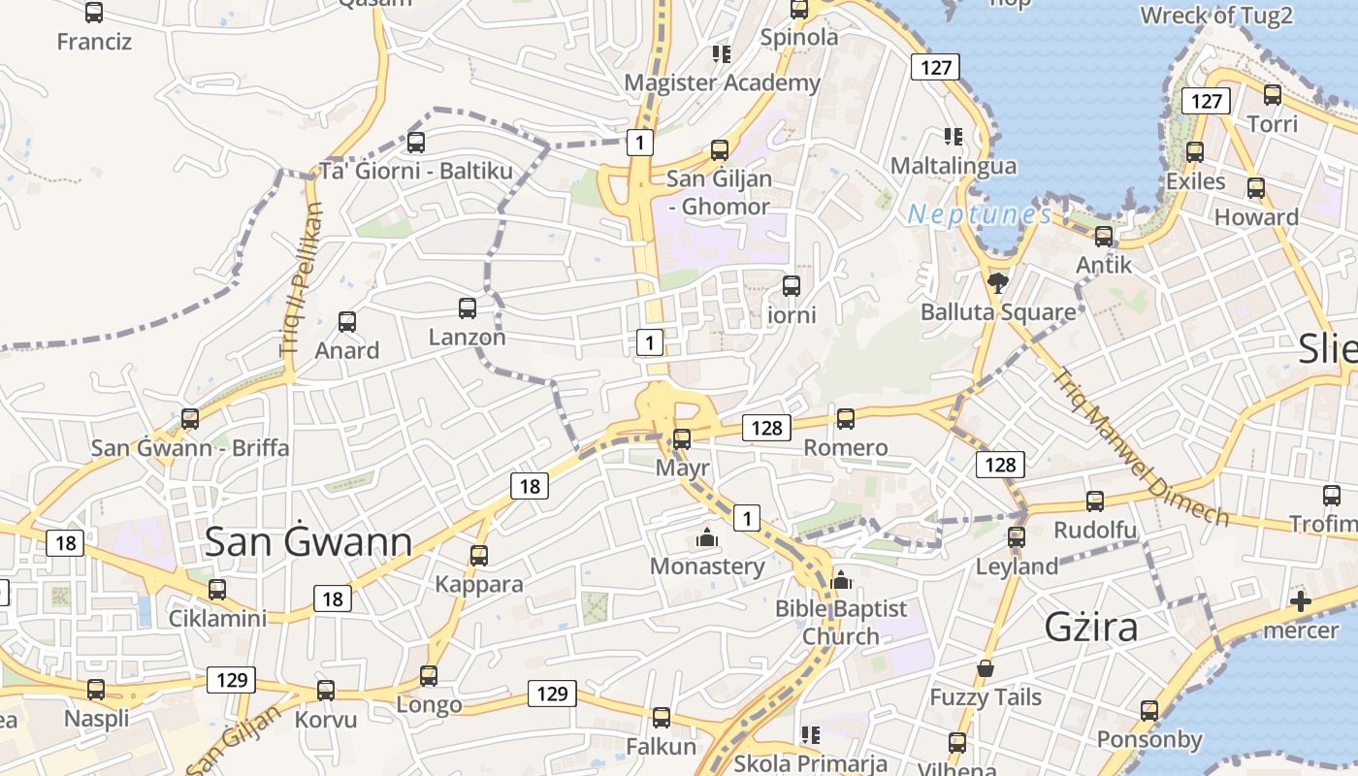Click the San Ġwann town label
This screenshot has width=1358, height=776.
point(308,542)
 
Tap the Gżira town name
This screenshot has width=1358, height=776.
point(1091,628)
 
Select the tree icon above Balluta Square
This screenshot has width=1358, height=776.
point(997,282)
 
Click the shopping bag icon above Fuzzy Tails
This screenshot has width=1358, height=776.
point(986,668)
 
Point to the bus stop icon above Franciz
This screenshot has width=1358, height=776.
point(94,13)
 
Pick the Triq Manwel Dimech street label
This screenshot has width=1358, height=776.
point(1141,446)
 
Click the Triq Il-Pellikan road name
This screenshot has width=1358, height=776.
point(302,280)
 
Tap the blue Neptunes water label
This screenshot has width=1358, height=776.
point(979,214)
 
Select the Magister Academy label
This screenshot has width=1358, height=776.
point(722,83)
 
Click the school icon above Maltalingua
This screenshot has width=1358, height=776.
point(954,137)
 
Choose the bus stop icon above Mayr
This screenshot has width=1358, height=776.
point(682,438)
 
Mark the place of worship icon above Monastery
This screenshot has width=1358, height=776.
point(707,536)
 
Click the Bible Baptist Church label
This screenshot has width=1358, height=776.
point(841,623)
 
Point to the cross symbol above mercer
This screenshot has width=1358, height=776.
point(1301,601)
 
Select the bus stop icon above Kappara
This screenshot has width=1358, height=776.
point(479,555)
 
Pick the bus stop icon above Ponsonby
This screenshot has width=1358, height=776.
point(1149,711)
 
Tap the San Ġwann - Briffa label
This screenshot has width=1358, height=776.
point(190,448)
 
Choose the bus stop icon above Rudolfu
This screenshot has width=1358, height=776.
point(1095,501)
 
